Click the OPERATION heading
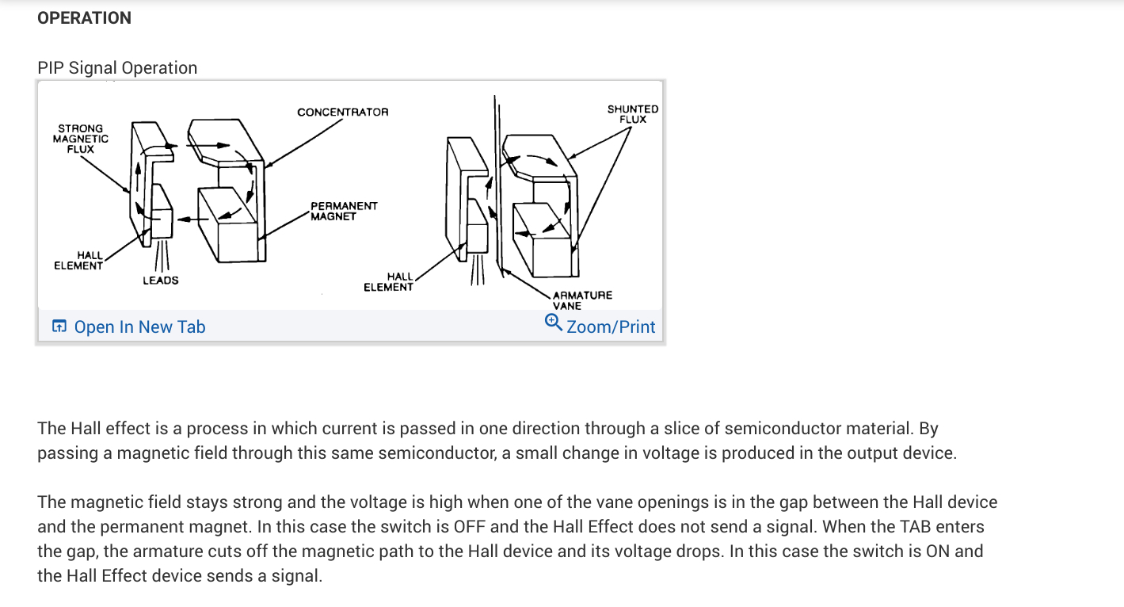pos(84,17)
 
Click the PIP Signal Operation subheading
pos(117,68)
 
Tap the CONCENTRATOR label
pos(343,113)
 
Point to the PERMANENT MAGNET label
pos(344,211)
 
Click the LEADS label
pos(161,281)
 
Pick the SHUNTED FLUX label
pos(633,114)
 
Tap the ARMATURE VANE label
pos(582,300)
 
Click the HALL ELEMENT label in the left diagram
pos(78,261)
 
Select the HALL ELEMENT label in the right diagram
pos(388,282)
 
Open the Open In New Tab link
pos(139,327)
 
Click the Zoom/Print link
pos(611,327)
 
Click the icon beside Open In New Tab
pos(59,326)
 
